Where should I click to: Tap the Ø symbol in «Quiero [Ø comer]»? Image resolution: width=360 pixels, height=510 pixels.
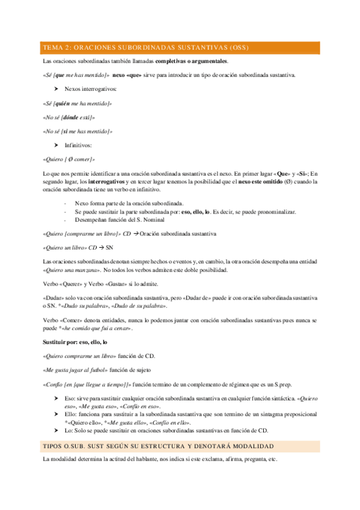[x=71, y=159]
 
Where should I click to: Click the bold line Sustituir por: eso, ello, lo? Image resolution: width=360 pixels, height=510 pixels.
[x=75, y=342]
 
